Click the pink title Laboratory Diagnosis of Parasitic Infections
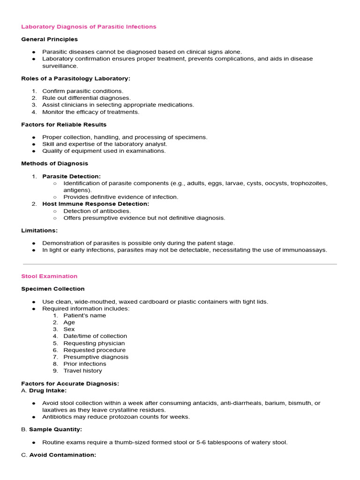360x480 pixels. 89,27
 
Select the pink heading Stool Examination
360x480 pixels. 49,276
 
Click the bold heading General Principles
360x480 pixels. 49,39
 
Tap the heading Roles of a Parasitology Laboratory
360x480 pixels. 75,78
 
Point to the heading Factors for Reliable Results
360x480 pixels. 64,125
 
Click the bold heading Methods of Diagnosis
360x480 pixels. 54,164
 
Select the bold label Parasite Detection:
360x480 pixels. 71,176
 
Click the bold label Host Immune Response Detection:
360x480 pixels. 96,204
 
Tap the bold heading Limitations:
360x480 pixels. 39,230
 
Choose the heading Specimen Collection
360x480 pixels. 53,289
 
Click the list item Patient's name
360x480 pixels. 85,315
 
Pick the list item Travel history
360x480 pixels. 82,371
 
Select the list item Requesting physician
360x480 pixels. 94,343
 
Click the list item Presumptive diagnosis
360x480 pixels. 96,357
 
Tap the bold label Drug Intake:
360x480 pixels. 48,390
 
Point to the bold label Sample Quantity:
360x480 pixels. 55,429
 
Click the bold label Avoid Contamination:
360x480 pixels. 63,455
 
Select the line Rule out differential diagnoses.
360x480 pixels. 86,98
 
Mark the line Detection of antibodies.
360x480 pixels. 97,211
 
